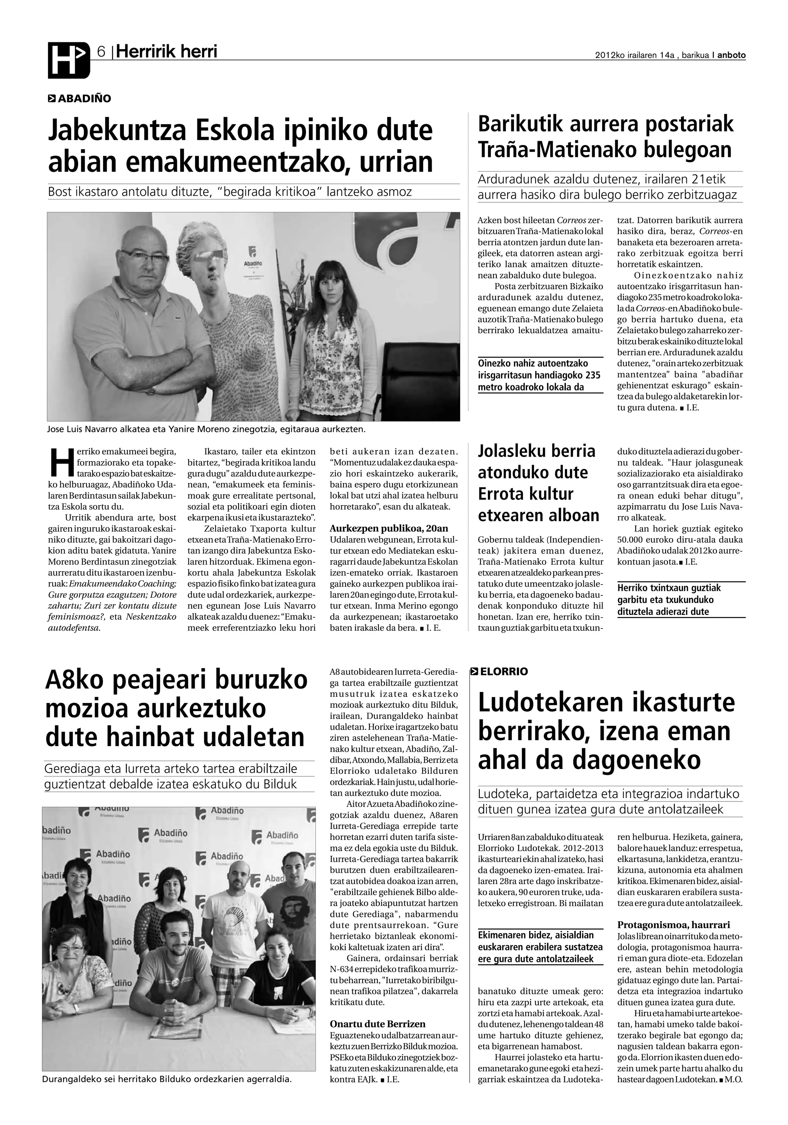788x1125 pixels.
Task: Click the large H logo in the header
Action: click(x=68, y=60)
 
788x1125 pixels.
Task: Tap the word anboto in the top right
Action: click(x=732, y=56)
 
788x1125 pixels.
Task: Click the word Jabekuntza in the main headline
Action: click(x=117, y=131)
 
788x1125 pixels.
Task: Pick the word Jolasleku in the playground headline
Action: click(x=536, y=451)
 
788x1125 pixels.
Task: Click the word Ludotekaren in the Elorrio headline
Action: click(x=551, y=703)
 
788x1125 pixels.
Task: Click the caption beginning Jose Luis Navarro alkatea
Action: click(x=206, y=430)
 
